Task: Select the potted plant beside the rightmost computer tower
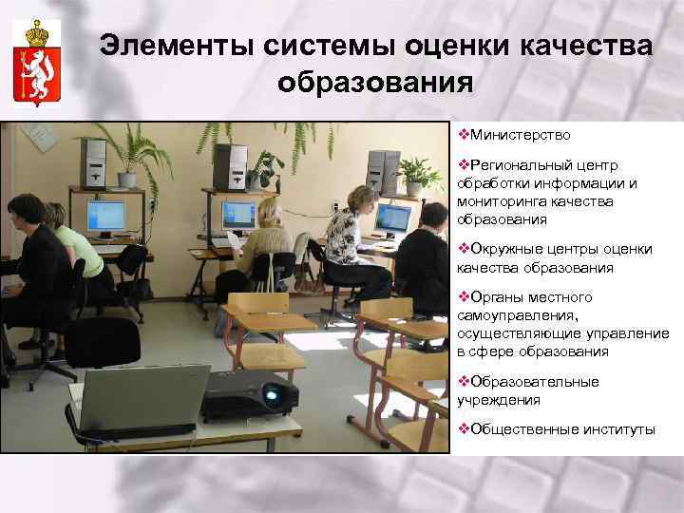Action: pos(417,177)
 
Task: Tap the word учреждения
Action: pos(500,399)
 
